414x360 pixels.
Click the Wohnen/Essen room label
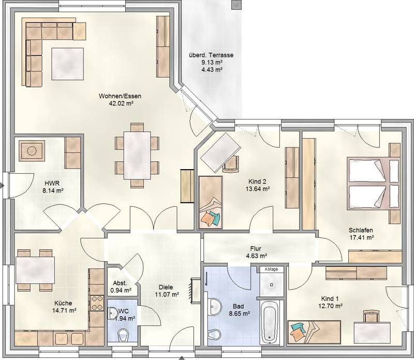(x=120, y=96)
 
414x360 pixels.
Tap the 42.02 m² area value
(x=121, y=103)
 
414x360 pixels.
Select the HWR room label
(x=52, y=183)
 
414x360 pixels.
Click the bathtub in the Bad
(x=269, y=322)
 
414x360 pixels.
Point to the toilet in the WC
(x=123, y=335)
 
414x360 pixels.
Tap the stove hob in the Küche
(x=97, y=303)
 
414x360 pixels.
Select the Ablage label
(x=271, y=269)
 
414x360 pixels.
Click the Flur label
(x=256, y=249)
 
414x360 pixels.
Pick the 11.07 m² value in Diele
(x=167, y=294)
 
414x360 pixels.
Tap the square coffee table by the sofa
(x=68, y=64)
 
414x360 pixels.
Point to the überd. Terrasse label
(x=211, y=55)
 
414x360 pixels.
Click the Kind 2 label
(x=257, y=182)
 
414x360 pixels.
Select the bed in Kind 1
(x=314, y=332)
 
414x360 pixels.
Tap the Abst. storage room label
(x=120, y=283)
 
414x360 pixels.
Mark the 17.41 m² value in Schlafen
(x=361, y=237)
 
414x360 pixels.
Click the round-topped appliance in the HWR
(x=32, y=151)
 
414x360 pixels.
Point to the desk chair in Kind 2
(x=231, y=164)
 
